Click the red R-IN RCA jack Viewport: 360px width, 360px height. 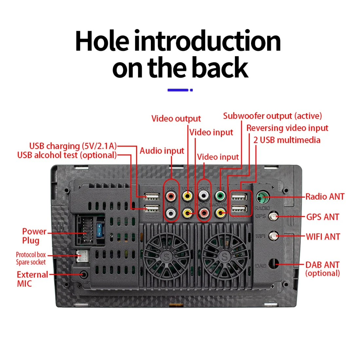point(171,197)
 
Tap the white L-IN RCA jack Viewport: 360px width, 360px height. point(171,213)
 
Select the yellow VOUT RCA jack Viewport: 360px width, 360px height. point(187,196)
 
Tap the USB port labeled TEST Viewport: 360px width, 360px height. point(152,208)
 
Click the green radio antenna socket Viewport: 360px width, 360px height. point(262,197)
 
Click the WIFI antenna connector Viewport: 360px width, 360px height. point(273,236)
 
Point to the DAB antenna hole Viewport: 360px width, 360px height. point(274,264)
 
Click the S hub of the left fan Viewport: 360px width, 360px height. point(167,256)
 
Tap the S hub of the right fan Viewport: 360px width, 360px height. point(224,256)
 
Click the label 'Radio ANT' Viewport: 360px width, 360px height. point(325,197)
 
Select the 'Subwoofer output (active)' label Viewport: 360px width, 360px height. point(272,116)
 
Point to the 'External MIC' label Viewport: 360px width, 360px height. point(32,279)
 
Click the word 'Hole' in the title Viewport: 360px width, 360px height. point(102,42)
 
